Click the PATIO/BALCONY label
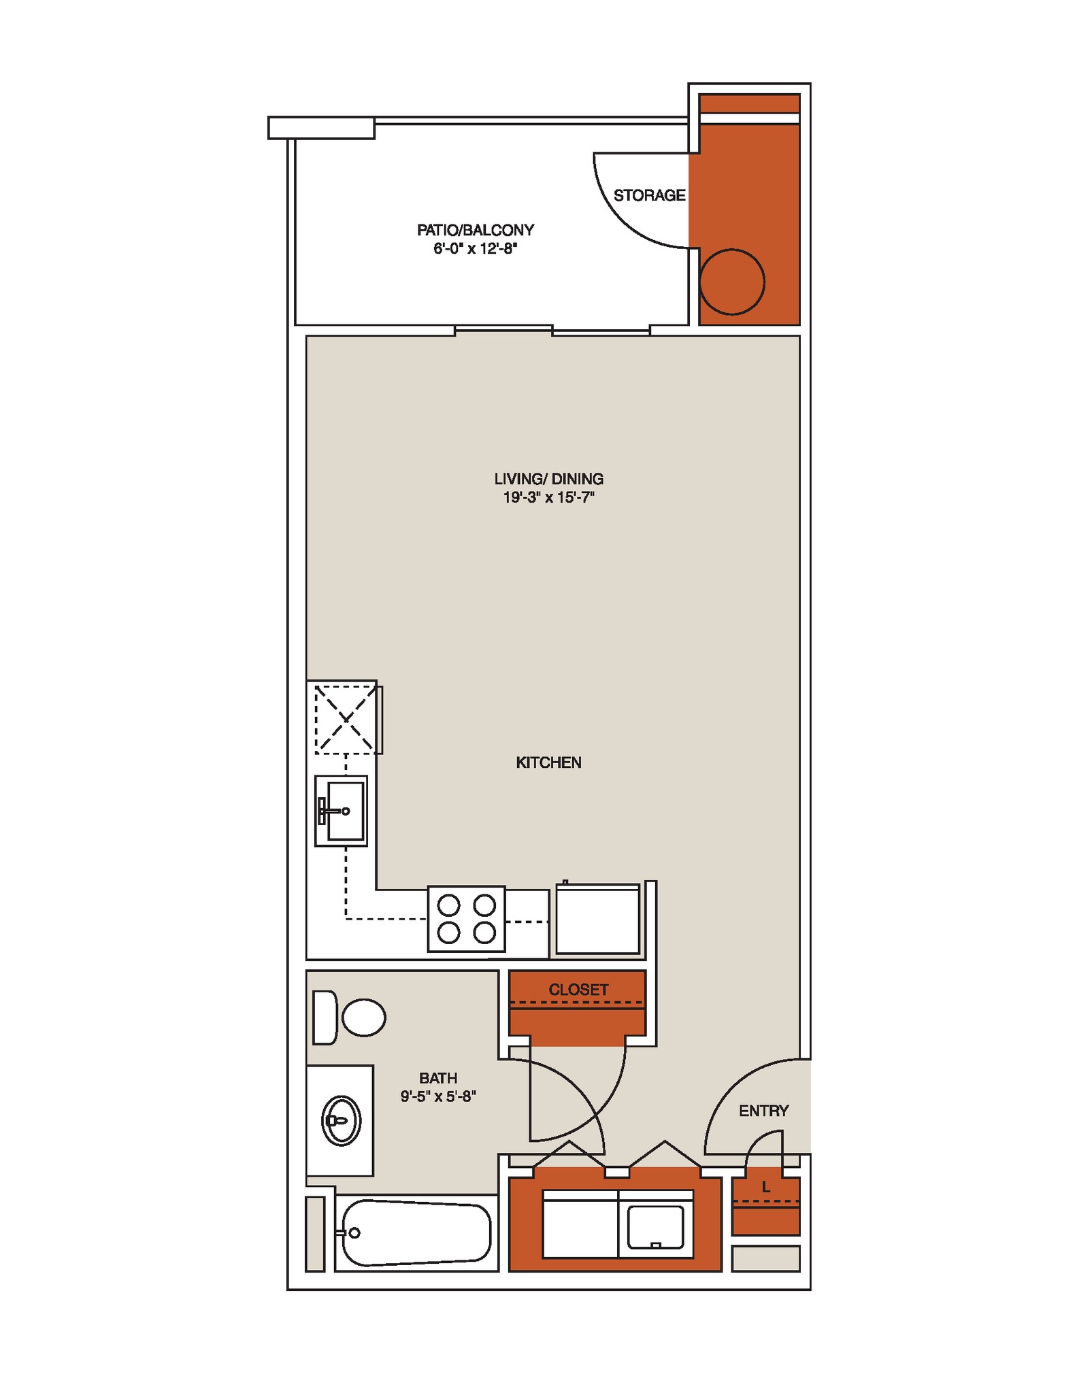(475, 230)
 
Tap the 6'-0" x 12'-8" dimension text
(475, 249)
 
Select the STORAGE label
(649, 196)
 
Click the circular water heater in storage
(732, 282)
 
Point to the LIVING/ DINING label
(548, 479)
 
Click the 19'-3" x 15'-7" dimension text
(548, 498)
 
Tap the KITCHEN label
(548, 762)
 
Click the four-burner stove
(466, 918)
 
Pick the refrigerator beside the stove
(598, 918)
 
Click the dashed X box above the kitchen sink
(346, 719)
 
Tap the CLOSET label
(578, 990)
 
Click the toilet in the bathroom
(350, 1018)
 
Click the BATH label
(437, 1078)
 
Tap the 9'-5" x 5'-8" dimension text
(437, 1096)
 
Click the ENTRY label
(763, 1111)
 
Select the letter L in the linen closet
(765, 1187)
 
